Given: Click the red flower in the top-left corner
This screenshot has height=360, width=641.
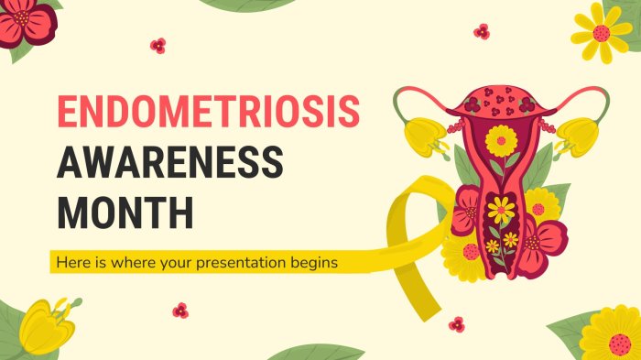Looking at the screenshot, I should (x=27, y=22).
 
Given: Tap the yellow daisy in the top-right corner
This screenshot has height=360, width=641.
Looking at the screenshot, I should (x=602, y=33).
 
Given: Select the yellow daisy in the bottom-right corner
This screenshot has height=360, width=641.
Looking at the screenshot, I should (x=611, y=333).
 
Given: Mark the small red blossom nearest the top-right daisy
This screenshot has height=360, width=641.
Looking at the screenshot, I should (x=482, y=31).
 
